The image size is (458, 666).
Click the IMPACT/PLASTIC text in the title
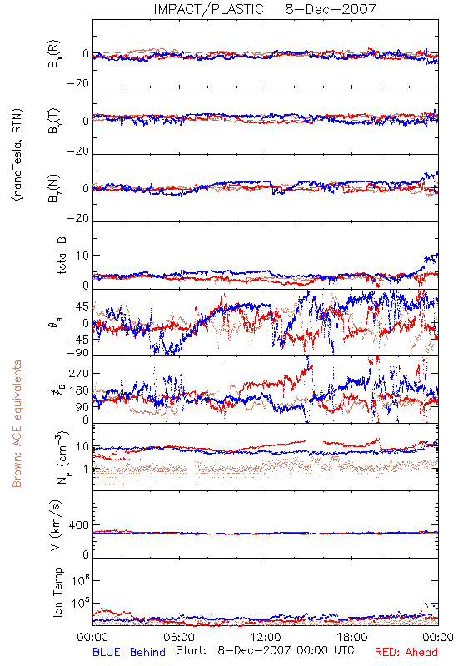pyautogui.click(x=209, y=9)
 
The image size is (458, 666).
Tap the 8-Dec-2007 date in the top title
pyautogui.click(x=331, y=9)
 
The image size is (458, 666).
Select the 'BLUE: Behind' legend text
pyautogui.click(x=129, y=652)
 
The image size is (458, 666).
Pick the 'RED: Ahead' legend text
pyautogui.click(x=406, y=652)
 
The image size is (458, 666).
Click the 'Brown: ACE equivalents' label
pyautogui.click(x=17, y=424)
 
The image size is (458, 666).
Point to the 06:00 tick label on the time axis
pyautogui.click(x=179, y=637)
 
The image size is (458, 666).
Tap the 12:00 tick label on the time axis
pyautogui.click(x=266, y=637)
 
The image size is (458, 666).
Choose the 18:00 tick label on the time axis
pyautogui.click(x=352, y=637)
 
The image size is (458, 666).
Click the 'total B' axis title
pyautogui.click(x=61, y=256)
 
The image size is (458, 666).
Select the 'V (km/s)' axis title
pyautogui.click(x=56, y=525)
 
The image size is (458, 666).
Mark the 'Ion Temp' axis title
pyautogui.click(x=57, y=592)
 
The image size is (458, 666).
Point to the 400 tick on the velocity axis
pyautogui.click(x=79, y=525)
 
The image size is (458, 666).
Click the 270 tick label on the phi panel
pyautogui.click(x=79, y=374)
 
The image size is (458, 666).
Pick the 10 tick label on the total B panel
pyautogui.click(x=82, y=256)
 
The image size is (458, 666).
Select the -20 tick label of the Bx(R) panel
pyautogui.click(x=78, y=84)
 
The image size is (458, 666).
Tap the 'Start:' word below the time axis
pyautogui.click(x=192, y=651)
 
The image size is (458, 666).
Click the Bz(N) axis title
pyautogui.click(x=54, y=188)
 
